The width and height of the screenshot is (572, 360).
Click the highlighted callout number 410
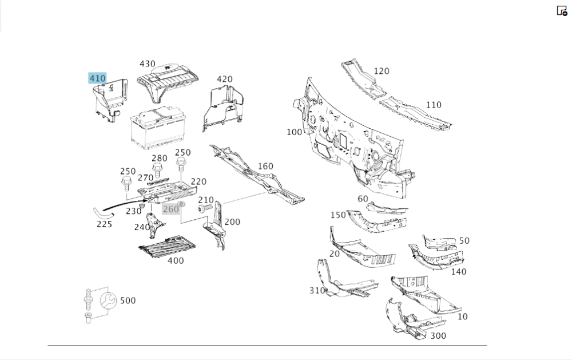[x=97, y=78]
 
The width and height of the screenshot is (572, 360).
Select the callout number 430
[x=148, y=64]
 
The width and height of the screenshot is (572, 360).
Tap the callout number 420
[x=224, y=79]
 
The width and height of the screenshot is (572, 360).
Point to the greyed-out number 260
[x=171, y=209]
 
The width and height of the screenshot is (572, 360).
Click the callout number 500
[x=128, y=300]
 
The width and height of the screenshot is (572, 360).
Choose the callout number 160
[x=265, y=166]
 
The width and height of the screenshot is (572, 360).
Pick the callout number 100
[x=294, y=132]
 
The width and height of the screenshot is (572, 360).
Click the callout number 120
[x=382, y=71]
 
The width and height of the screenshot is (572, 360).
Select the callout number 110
[x=434, y=105]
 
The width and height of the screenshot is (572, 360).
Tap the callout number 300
[x=438, y=335]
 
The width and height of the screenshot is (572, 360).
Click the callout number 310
[x=317, y=290]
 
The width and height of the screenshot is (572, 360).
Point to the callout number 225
[x=104, y=224]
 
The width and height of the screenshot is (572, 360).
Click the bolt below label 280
[x=157, y=170]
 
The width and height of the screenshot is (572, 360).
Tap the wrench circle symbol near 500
[x=108, y=301]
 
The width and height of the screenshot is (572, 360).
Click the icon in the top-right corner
[x=562, y=10]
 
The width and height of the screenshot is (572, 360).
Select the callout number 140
[x=459, y=271]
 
